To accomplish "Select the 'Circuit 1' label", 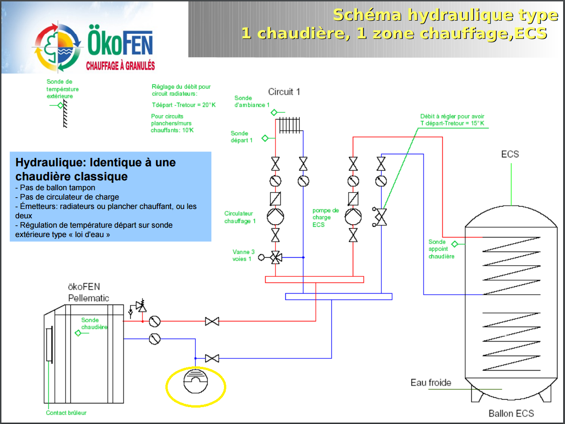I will click(x=284, y=92).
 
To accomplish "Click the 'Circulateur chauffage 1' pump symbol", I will click(x=275, y=216).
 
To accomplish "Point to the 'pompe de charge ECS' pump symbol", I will click(x=353, y=216).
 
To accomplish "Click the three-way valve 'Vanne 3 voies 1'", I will click(x=275, y=257).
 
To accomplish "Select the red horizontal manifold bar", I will click(x=314, y=280).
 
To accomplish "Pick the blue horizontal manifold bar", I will click(x=338, y=296).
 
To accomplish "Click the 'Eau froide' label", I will click(x=431, y=383).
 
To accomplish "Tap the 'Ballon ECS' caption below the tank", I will click(x=511, y=413).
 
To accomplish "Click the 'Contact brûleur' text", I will click(x=66, y=413).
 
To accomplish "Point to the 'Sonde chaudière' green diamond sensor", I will click(x=78, y=333).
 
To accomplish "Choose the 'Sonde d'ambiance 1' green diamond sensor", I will click(x=275, y=112).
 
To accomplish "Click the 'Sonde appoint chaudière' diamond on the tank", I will click(x=454, y=244).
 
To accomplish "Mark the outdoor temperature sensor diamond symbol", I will click(x=60, y=105).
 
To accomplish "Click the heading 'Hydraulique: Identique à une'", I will click(x=96, y=163).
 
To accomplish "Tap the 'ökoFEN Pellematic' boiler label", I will click(x=88, y=292).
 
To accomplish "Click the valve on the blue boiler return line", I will click(x=212, y=359).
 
